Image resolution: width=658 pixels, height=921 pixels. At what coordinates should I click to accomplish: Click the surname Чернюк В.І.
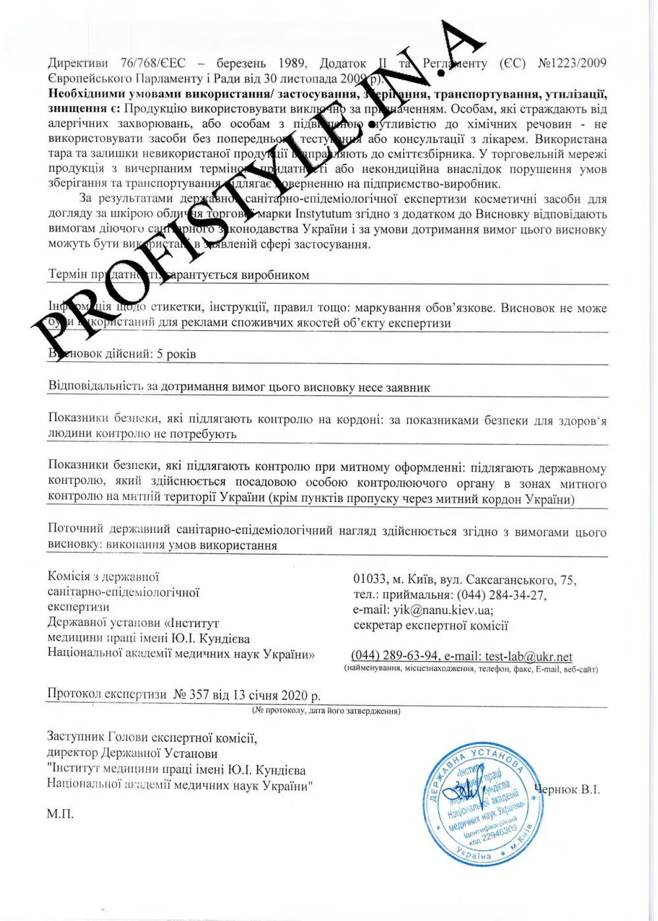[x=567, y=789]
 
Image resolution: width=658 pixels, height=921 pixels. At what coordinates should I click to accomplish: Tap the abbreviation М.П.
[x=60, y=814]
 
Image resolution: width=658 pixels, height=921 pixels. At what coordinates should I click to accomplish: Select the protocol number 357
[x=199, y=695]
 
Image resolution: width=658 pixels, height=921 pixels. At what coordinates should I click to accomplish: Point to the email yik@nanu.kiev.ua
[x=443, y=610]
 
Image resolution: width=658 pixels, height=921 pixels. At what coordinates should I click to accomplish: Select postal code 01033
[x=370, y=580]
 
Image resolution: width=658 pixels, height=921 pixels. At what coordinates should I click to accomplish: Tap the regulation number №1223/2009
[x=572, y=63]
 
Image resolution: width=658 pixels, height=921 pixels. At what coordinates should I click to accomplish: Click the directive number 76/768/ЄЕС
[x=153, y=63]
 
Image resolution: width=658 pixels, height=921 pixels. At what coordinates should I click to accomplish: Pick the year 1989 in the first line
[x=291, y=63]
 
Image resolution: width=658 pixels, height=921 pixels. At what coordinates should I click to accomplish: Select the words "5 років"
[x=176, y=354]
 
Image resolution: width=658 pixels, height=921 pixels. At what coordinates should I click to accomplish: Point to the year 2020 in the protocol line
[x=295, y=695]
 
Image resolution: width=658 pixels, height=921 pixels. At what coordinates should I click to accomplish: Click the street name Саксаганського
[x=510, y=580]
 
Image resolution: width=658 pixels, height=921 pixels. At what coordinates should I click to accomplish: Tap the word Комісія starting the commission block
[x=69, y=577]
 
